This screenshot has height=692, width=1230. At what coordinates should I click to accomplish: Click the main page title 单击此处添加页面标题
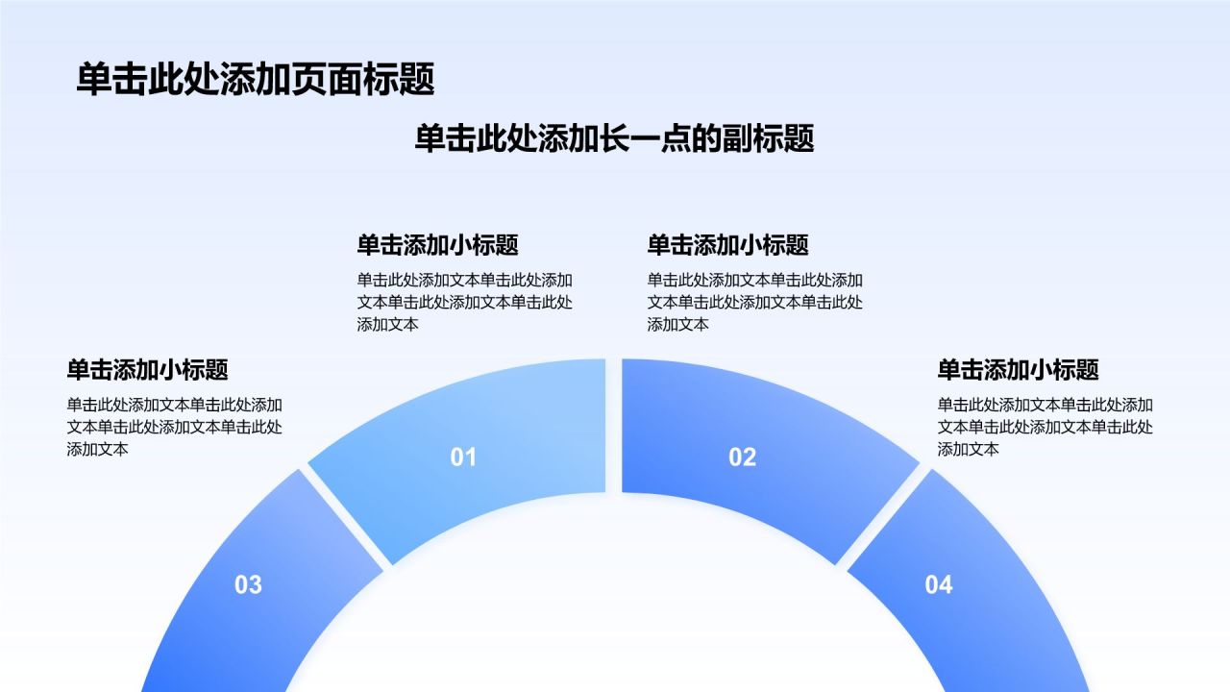(x=256, y=80)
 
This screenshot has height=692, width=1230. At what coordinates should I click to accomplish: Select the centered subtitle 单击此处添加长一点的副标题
(x=614, y=137)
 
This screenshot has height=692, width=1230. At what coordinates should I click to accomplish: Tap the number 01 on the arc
(x=463, y=457)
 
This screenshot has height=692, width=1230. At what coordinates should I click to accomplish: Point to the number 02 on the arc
(x=743, y=457)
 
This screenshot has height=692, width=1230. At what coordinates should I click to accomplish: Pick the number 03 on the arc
(x=248, y=585)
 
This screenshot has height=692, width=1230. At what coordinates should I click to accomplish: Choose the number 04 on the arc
(x=939, y=585)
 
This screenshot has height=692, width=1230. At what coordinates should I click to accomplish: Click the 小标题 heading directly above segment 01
(x=437, y=245)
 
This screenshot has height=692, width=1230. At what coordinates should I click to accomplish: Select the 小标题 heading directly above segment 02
(x=727, y=245)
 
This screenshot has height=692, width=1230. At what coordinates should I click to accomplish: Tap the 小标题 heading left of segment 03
(x=147, y=370)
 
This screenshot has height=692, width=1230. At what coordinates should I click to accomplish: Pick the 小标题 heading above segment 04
(x=1018, y=370)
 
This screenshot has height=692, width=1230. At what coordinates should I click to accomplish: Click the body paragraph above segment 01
(x=464, y=302)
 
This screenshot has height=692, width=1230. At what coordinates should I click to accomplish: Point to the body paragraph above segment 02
(x=755, y=302)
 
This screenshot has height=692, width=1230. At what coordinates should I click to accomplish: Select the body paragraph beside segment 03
(x=175, y=427)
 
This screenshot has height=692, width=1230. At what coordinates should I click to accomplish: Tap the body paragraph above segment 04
(x=1045, y=427)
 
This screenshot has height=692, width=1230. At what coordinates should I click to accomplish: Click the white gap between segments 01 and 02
(x=614, y=426)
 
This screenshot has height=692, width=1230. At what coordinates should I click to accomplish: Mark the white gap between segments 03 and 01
(x=345, y=516)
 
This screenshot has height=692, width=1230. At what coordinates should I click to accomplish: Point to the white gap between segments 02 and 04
(x=883, y=516)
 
